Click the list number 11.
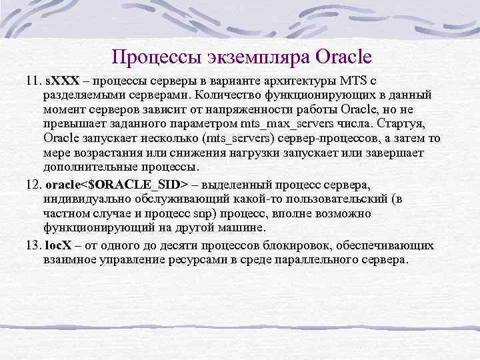tap(33, 81)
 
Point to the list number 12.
tap(33, 183)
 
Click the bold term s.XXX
tap(62, 81)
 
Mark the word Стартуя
tap(414, 124)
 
